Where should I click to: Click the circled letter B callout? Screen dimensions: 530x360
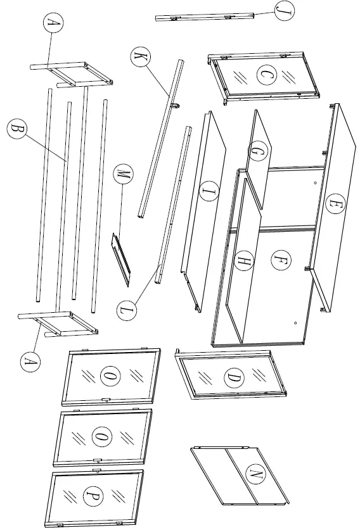[17, 130]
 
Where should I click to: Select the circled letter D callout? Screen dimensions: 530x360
[233, 379]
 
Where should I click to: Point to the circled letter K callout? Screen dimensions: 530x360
[138, 57]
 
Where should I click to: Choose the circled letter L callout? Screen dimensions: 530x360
[127, 310]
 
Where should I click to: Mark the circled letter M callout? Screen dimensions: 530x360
[122, 174]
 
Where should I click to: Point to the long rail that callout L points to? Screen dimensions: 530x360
[174, 203]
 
